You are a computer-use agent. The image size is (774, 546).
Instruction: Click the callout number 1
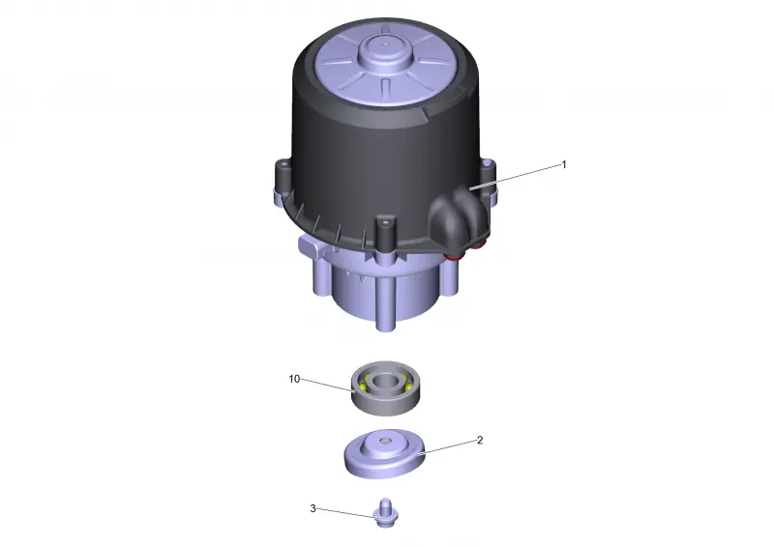coord(564,164)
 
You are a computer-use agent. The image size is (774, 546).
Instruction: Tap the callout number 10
coord(294,379)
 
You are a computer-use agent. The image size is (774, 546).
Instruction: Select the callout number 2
coord(480,440)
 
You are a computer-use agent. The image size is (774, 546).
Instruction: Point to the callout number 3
coord(313,508)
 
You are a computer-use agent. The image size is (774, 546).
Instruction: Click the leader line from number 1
coord(515,177)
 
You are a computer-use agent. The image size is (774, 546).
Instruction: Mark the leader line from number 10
coord(328,385)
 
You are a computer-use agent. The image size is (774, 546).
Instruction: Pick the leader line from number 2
coord(448,446)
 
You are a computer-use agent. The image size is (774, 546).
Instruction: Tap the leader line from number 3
coord(345,513)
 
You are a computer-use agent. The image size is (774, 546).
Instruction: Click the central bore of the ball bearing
coord(385,382)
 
